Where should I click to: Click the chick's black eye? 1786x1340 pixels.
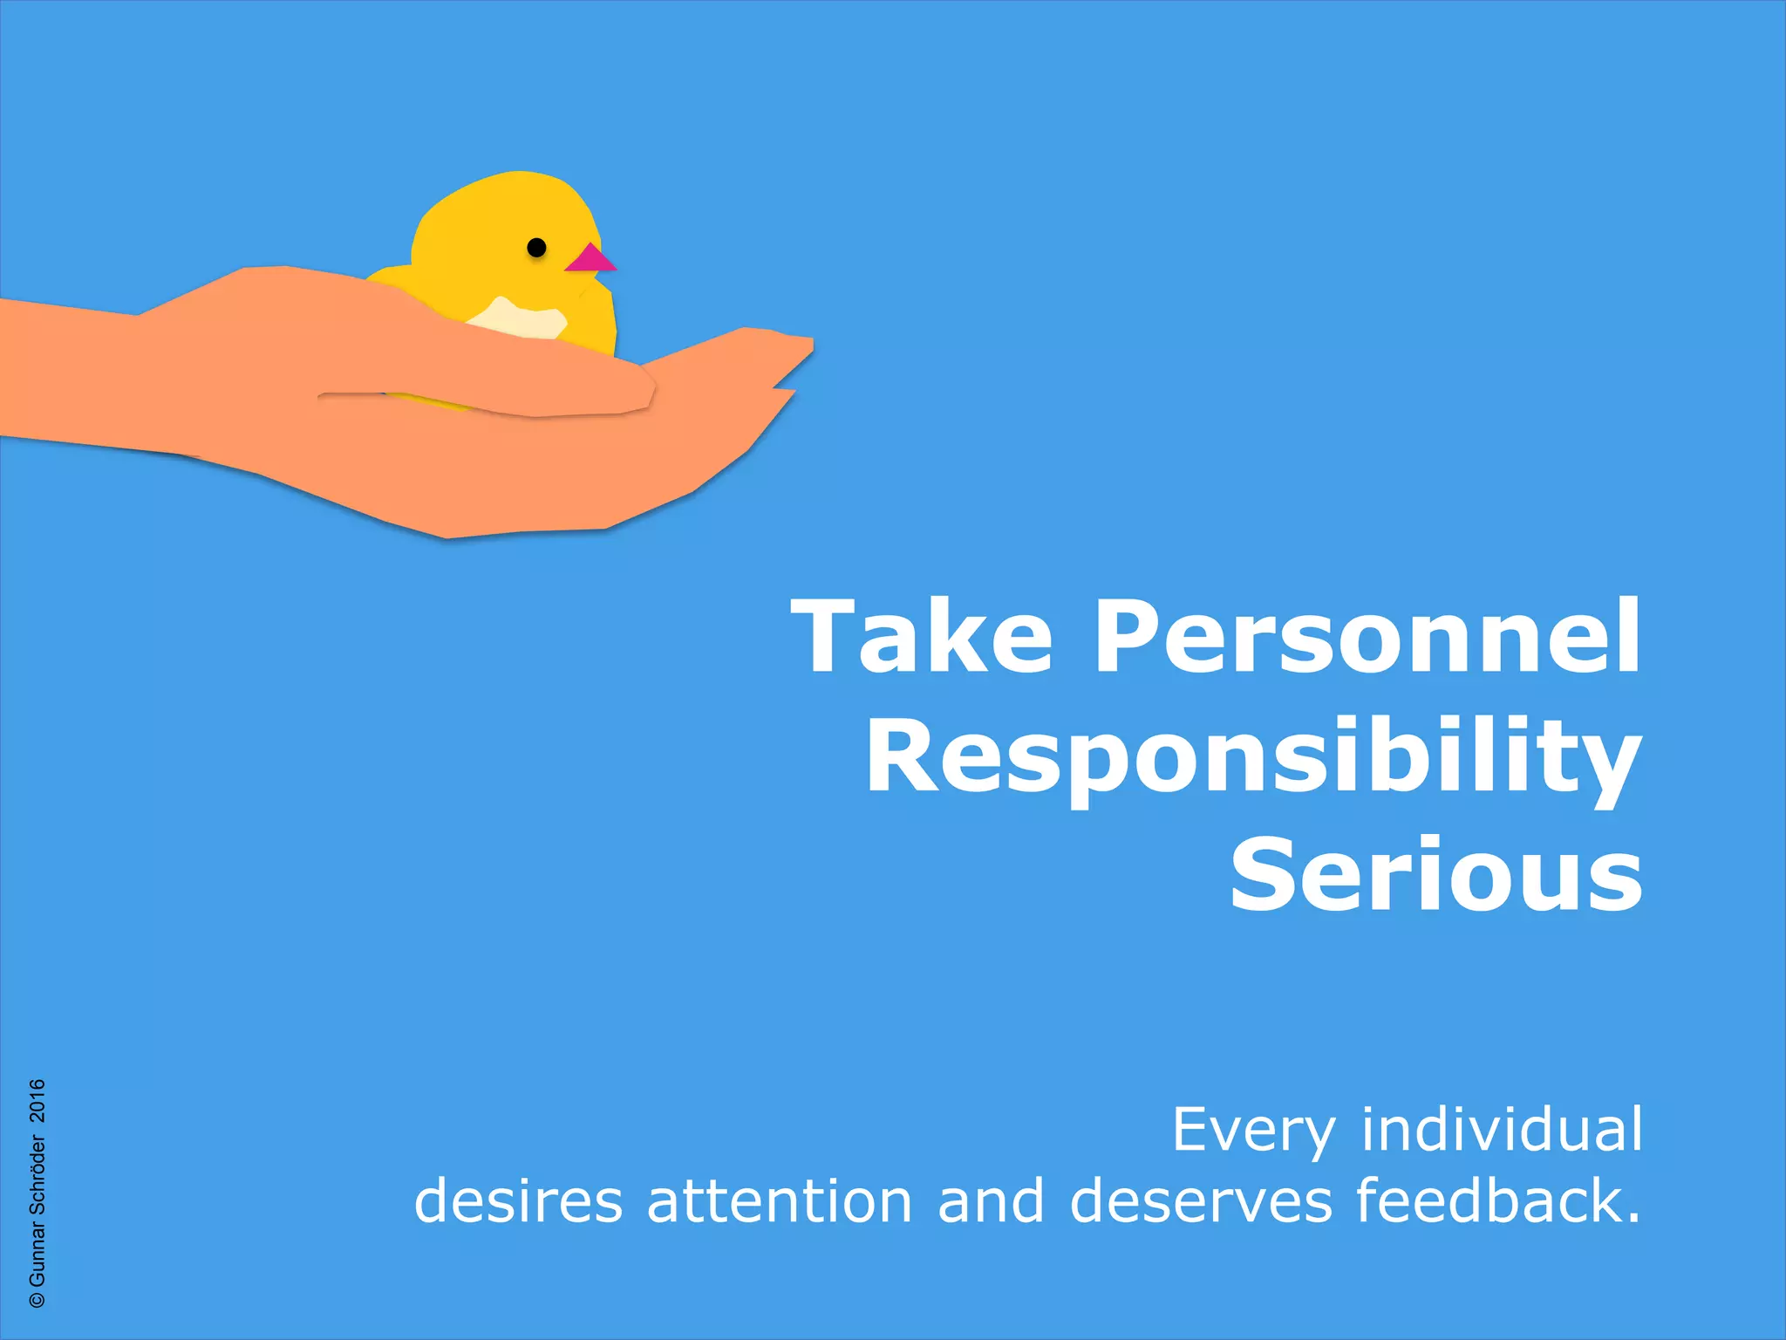[537, 248]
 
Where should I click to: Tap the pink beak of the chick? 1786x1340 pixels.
[590, 260]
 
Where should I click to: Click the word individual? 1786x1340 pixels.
[1502, 1130]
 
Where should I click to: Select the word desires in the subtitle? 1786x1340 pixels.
[518, 1201]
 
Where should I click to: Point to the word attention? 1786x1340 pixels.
[780, 1201]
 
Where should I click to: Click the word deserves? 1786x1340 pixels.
[1201, 1201]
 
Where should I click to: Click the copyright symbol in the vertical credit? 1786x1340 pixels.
[37, 1299]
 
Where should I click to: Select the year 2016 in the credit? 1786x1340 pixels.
[37, 1100]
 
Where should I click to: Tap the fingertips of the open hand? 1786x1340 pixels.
[789, 349]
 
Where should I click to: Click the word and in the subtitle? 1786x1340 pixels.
[991, 1201]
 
